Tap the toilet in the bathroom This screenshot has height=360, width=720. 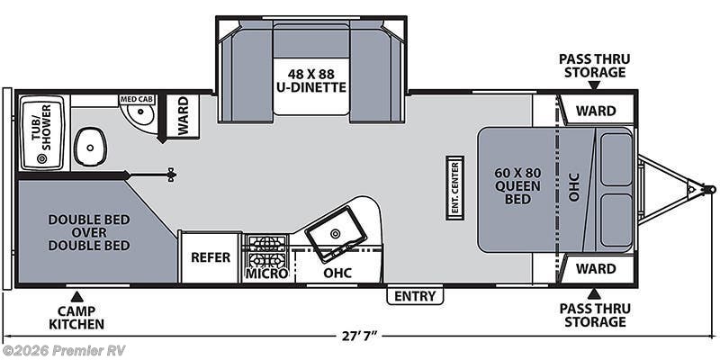click(89, 145)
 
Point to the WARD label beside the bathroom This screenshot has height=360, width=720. click(183, 117)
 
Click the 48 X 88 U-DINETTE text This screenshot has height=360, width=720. click(311, 81)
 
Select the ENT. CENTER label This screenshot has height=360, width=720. click(455, 187)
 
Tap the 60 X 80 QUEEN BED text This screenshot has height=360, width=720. click(517, 186)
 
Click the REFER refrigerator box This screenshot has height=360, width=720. click(210, 257)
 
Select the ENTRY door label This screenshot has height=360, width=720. click(415, 296)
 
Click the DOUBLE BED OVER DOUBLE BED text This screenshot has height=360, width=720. click(89, 232)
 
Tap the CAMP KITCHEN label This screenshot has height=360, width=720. click(76, 317)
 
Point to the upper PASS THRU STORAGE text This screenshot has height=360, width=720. click(594, 66)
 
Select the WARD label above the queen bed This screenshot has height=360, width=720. click(596, 111)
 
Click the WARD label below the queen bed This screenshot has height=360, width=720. click(596, 268)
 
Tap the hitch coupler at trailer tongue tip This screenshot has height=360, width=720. click(707, 190)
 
